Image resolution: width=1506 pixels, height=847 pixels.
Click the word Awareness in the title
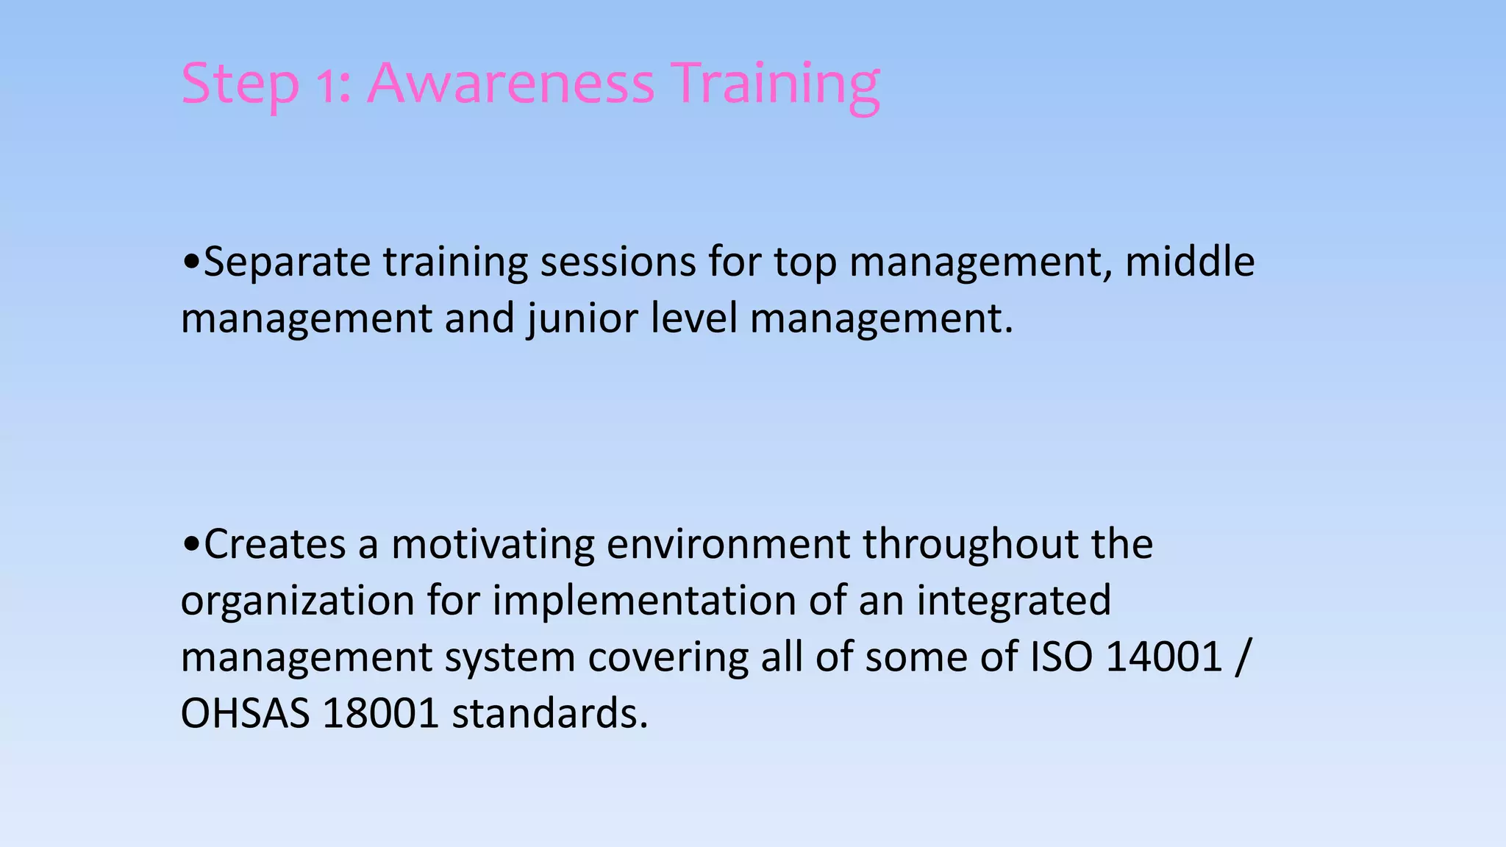pyautogui.click(x=510, y=82)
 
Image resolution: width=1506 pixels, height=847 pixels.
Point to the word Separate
pyautogui.click(x=287, y=263)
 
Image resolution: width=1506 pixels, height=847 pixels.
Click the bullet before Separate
pyautogui.click(x=190, y=262)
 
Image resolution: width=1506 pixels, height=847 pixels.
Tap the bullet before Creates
pyautogui.click(x=190, y=544)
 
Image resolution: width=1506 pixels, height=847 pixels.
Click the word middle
pyautogui.click(x=1189, y=262)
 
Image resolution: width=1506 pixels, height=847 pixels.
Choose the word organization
pyautogui.click(x=298, y=601)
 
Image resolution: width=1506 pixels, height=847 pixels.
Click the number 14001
pyautogui.click(x=1163, y=657)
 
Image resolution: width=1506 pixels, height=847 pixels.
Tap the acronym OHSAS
pyautogui.click(x=245, y=713)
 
